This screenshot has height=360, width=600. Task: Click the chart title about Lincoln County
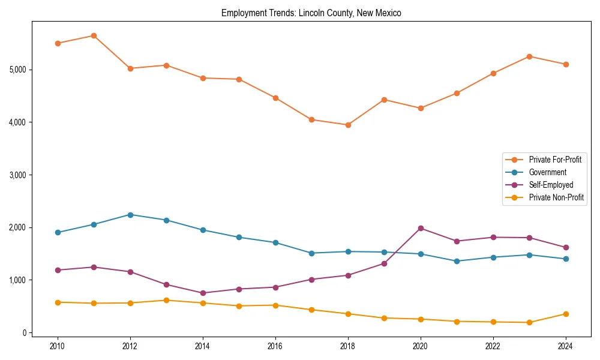point(311,13)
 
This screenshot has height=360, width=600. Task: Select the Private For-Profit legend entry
point(554,160)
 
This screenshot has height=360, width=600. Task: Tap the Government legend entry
point(547,172)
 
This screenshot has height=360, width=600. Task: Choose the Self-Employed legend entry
point(551,185)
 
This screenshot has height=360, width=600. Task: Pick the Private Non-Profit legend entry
point(556,197)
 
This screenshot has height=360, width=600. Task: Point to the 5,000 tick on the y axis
point(18,70)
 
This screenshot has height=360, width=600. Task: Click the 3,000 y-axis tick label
point(18,175)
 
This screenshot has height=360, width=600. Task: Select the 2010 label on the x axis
point(58,346)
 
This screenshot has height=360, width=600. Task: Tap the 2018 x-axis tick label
point(348,346)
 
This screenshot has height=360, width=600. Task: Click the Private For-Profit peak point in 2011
point(94,35)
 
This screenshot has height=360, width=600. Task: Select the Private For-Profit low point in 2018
point(348,125)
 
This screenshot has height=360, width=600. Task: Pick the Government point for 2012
point(130,215)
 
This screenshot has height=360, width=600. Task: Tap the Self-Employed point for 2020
point(421,228)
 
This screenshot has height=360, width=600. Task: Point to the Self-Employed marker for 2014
point(203,293)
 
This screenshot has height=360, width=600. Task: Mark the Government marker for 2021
point(457,261)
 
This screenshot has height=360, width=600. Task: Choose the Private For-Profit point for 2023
point(529,56)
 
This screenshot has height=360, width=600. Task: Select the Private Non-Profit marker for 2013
point(166,300)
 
